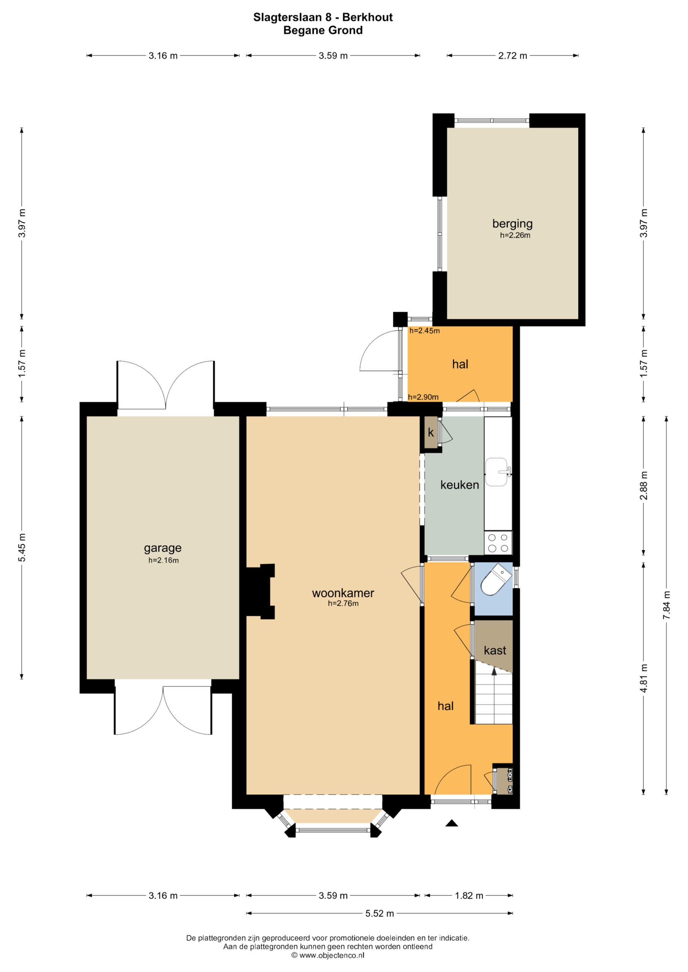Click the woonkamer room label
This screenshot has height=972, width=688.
(343, 593)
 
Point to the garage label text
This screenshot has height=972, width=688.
(163, 548)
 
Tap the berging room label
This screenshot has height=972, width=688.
(512, 224)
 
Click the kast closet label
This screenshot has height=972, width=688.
(495, 650)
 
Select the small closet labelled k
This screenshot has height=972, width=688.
(431, 433)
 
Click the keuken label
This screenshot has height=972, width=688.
(460, 485)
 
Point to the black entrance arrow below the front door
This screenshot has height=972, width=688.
(452, 824)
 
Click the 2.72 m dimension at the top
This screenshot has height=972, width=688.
(512, 55)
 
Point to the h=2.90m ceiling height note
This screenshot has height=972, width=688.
(423, 397)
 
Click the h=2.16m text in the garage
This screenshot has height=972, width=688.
(163, 560)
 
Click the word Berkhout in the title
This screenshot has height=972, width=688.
(367, 17)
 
